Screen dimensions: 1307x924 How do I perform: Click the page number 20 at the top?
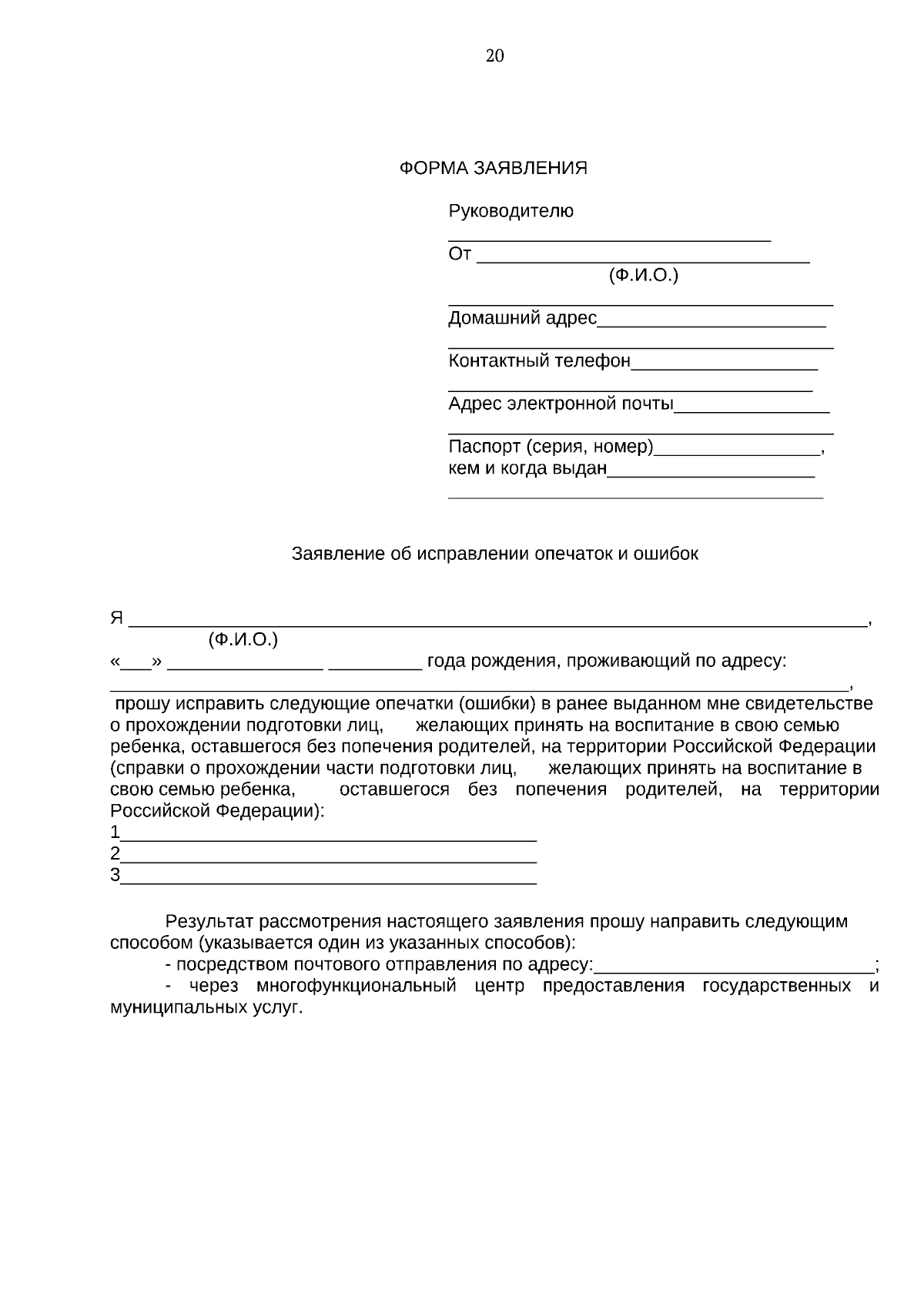tap(495, 55)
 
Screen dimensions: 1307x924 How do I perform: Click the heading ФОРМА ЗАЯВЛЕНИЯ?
tap(493, 168)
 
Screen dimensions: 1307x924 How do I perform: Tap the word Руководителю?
tap(511, 211)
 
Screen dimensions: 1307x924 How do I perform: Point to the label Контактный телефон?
tap(539, 360)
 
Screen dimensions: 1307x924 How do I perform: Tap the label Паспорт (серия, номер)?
tap(551, 447)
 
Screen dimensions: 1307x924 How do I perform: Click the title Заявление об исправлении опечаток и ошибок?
tap(495, 554)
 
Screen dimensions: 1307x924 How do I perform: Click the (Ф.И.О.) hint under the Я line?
tap(243, 639)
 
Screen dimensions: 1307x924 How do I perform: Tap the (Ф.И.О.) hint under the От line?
tap(643, 276)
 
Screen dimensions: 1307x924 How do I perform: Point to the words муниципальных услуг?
tap(206, 1008)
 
